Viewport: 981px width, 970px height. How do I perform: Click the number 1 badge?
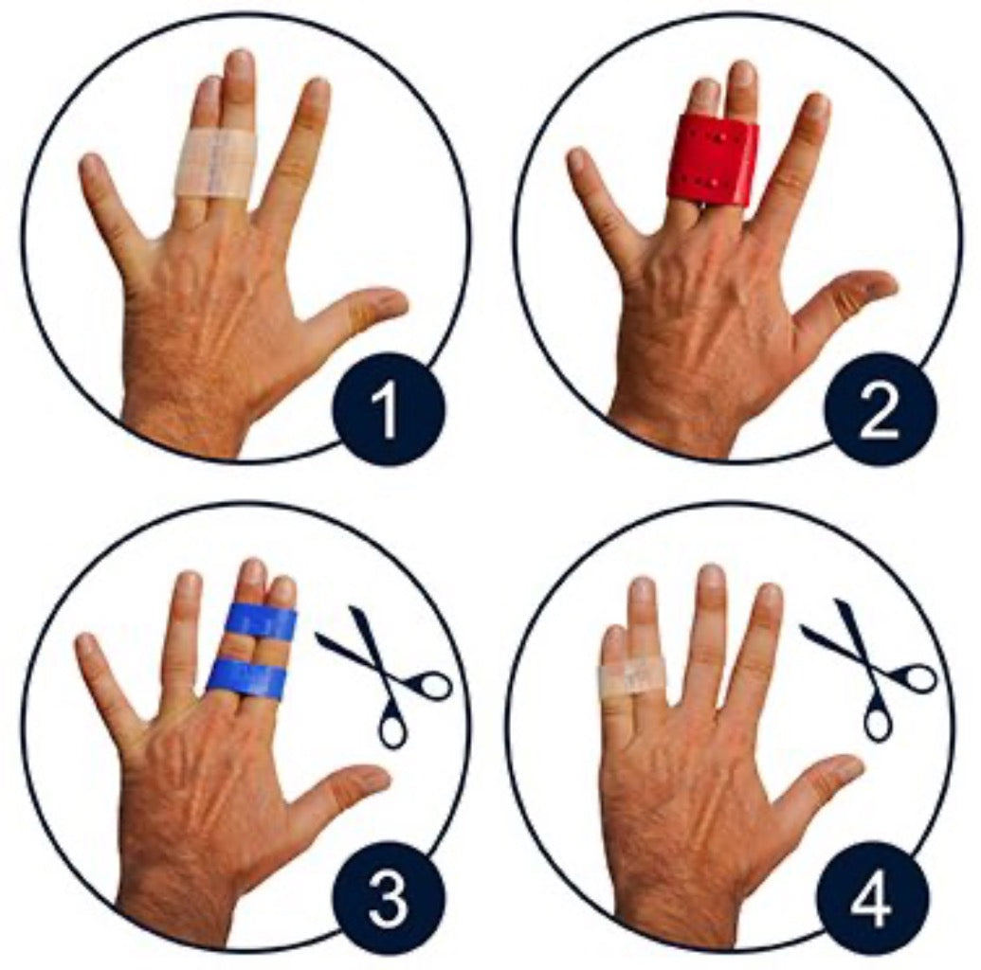(389, 409)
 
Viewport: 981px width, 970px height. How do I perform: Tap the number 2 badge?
(880, 409)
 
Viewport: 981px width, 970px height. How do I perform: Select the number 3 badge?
(389, 898)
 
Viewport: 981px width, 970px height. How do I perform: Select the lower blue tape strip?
(246, 678)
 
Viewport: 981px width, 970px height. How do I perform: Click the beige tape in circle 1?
(214, 165)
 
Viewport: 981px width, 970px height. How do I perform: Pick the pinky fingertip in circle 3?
(86, 645)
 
